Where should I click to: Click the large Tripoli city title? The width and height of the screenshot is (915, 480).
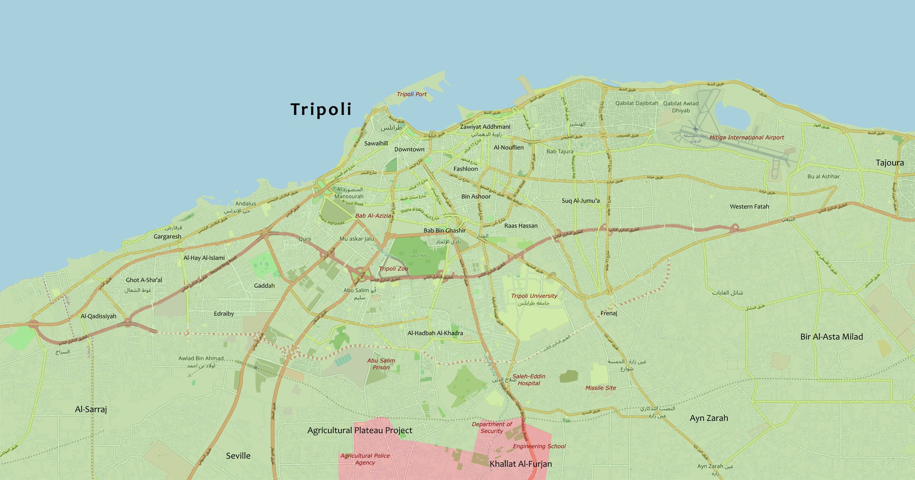coord(321,109)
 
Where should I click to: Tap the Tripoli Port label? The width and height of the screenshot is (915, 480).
coord(411,94)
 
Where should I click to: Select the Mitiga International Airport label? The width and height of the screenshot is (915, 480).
coord(747,138)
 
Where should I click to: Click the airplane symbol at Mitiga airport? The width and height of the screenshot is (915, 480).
coord(695,129)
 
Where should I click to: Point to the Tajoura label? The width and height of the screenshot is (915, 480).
coord(890,163)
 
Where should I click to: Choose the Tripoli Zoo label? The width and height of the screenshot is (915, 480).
coord(393,269)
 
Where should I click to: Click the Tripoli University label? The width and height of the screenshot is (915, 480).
coord(534,296)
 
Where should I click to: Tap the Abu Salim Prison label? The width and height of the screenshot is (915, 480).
coord(381,364)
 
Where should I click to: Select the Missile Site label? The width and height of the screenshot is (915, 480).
coord(600,388)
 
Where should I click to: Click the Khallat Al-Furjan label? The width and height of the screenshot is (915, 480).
coord(520,464)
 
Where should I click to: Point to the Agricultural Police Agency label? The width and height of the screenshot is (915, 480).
coord(365,459)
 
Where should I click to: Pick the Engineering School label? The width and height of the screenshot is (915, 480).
coord(539,446)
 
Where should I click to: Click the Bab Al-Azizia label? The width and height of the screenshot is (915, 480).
coord(373,216)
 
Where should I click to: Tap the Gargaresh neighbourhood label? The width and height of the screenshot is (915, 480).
coord(168,236)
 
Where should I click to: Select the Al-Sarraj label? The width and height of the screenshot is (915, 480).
coord(91,409)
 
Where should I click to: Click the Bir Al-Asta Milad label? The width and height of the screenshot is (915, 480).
coord(831,337)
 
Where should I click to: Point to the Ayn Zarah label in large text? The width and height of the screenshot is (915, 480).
coord(709,418)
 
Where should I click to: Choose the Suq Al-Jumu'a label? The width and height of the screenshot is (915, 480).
coord(580,200)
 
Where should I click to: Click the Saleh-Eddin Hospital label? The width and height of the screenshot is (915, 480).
coord(529,380)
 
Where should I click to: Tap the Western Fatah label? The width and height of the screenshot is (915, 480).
coord(749,206)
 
